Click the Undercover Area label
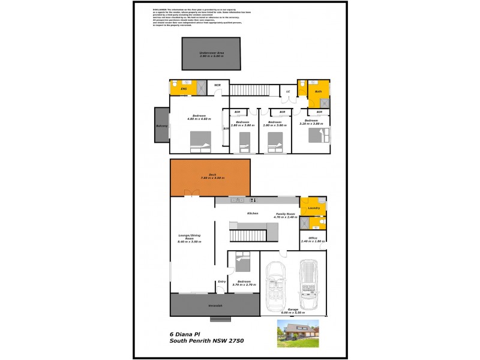pos(212,53)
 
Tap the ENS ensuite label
pos(184,89)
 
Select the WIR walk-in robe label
pos(217,86)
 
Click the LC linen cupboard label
pos(288,91)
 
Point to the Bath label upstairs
pos(318,91)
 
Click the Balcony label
pos(161,126)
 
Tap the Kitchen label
pos(253,214)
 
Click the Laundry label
pos(313,208)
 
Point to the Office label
pos(312,238)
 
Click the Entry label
pos(221,281)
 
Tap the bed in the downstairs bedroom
pos(241,261)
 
